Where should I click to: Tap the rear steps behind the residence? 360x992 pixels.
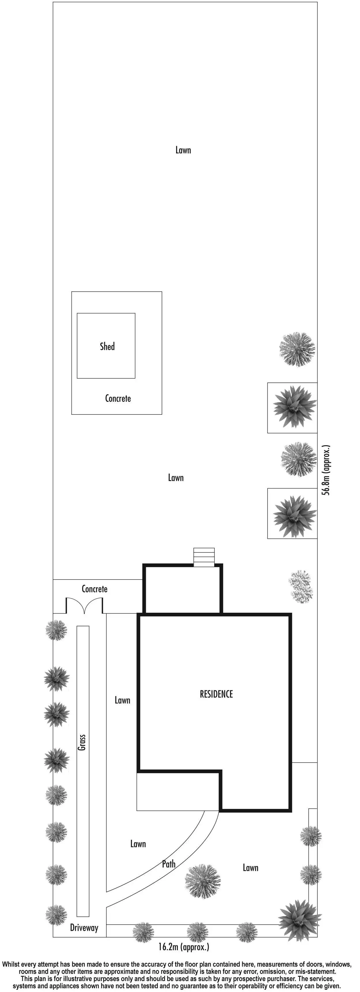[x=204, y=557]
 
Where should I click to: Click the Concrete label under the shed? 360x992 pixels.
[x=118, y=398]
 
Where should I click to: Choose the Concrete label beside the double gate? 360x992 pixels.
[x=94, y=589]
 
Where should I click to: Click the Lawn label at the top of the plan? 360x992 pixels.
[x=183, y=150]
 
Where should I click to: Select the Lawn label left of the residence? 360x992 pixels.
[x=122, y=700]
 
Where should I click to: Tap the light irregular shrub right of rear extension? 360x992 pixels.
[x=301, y=586]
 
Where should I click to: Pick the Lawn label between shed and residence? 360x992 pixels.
[x=176, y=478]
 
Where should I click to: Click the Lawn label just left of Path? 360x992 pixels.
[x=138, y=844]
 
